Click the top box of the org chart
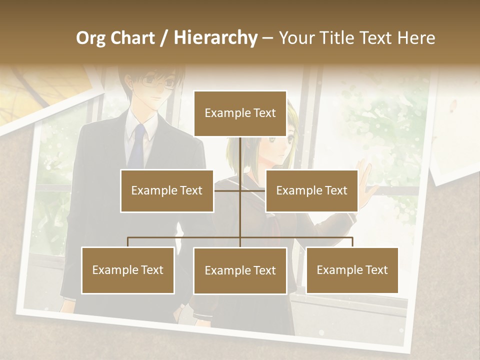click(x=240, y=113)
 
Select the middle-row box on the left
click(x=166, y=190)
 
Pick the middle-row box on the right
click(x=311, y=190)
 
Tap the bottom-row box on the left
click(x=128, y=270)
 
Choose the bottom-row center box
click(x=240, y=271)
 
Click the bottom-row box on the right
click(x=352, y=270)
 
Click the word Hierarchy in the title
click(x=215, y=38)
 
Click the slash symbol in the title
click(x=163, y=38)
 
